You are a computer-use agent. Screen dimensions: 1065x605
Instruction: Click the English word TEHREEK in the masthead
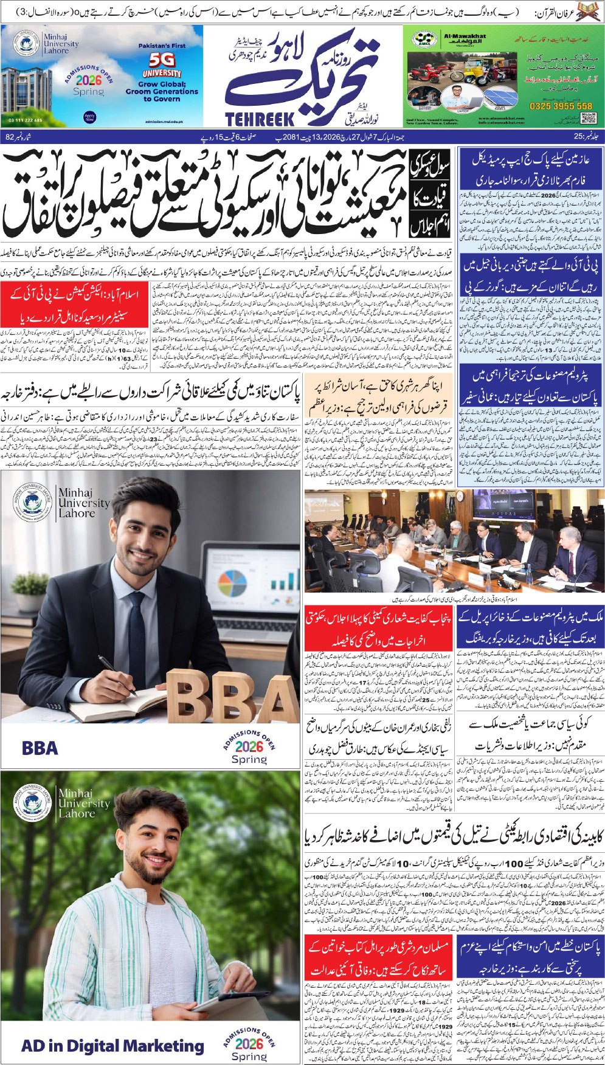(259, 119)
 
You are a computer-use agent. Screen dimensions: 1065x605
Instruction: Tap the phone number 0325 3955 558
(560, 106)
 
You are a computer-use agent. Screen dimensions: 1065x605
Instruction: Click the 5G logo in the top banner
(162, 60)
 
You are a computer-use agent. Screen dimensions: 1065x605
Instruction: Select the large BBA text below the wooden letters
(40, 748)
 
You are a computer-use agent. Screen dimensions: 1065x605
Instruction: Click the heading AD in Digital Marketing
(112, 1046)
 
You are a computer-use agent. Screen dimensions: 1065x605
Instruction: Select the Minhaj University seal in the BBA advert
(32, 503)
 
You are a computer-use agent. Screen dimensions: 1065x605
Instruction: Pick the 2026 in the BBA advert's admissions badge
(249, 746)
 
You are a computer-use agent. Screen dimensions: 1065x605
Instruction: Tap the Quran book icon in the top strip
(591, 12)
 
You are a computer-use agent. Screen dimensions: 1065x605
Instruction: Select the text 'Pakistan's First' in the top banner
(162, 46)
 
